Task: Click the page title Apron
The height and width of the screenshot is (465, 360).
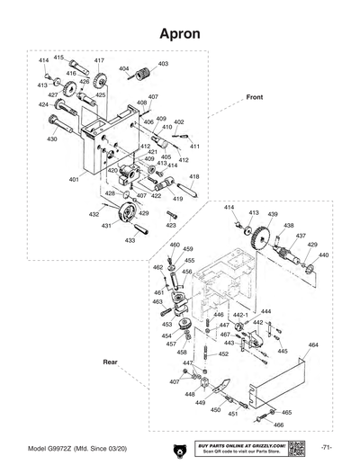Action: click(179, 33)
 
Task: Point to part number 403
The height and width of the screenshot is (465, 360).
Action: click(163, 64)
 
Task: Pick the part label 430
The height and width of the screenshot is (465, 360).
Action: click(52, 139)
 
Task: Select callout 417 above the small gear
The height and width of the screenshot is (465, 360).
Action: click(99, 60)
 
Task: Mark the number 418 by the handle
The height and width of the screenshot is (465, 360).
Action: click(194, 176)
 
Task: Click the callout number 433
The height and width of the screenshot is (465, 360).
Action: click(130, 240)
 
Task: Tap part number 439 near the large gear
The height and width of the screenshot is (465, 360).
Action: click(272, 214)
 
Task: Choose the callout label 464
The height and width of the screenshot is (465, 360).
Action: click(313, 345)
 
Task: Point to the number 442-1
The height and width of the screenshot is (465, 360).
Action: click(239, 316)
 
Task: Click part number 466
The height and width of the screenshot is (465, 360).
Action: click(279, 425)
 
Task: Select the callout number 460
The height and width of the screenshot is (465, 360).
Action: click(175, 246)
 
